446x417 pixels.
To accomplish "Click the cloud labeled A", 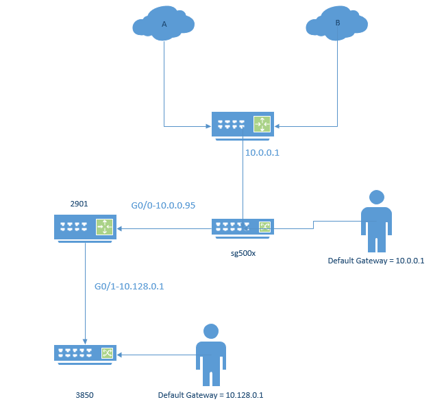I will click(164, 23).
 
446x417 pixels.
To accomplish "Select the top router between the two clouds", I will click(243, 126).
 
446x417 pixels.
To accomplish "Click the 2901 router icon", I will click(85, 227).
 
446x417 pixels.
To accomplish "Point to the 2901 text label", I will click(79, 204).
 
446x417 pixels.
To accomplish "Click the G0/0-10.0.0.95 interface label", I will click(163, 205).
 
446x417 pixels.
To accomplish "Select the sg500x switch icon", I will click(243, 228).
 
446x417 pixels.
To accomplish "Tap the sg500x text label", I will click(243, 253).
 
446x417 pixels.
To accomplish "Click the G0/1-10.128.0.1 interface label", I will click(129, 286).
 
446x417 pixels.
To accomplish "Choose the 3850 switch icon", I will click(85, 354).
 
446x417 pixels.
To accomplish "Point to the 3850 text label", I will click(84, 395).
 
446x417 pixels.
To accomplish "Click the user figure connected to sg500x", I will click(376, 222).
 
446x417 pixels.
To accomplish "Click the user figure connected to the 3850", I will click(211, 354).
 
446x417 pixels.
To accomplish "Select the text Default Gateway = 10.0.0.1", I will click(376, 261).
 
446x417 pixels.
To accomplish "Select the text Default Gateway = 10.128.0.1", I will click(210, 395).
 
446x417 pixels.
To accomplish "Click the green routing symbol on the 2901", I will click(104, 226).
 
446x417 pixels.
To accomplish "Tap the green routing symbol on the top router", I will click(262, 124).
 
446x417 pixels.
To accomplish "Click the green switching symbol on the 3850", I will click(107, 353).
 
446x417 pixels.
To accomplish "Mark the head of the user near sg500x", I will click(376, 197).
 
